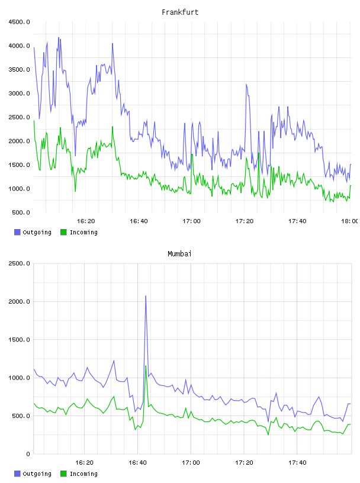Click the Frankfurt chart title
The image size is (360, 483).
[180, 12]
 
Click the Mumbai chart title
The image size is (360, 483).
[179, 254]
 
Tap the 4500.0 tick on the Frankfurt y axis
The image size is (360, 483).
[20, 22]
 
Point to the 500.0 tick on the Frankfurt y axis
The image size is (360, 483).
[21, 212]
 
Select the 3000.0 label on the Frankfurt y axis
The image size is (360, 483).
[20, 94]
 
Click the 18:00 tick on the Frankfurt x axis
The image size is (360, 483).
[349, 221]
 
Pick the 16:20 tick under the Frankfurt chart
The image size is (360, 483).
[86, 221]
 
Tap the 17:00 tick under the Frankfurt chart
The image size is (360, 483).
[191, 221]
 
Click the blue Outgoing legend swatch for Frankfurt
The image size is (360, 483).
[17, 232]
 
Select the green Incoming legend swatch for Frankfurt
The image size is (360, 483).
[63, 232]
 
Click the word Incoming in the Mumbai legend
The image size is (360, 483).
[83, 474]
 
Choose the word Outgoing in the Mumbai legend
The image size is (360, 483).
[37, 474]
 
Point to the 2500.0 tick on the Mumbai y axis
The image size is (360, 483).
[20, 263]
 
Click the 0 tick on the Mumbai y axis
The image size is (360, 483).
[28, 454]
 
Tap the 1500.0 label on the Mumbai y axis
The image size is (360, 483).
[20, 340]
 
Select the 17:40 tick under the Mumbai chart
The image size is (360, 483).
[297, 463]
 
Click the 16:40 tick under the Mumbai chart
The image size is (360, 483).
[137, 463]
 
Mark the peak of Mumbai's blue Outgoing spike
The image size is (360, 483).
[146, 296]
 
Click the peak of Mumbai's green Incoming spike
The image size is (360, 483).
[146, 366]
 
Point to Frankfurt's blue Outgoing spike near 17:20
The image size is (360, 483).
[246, 84]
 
